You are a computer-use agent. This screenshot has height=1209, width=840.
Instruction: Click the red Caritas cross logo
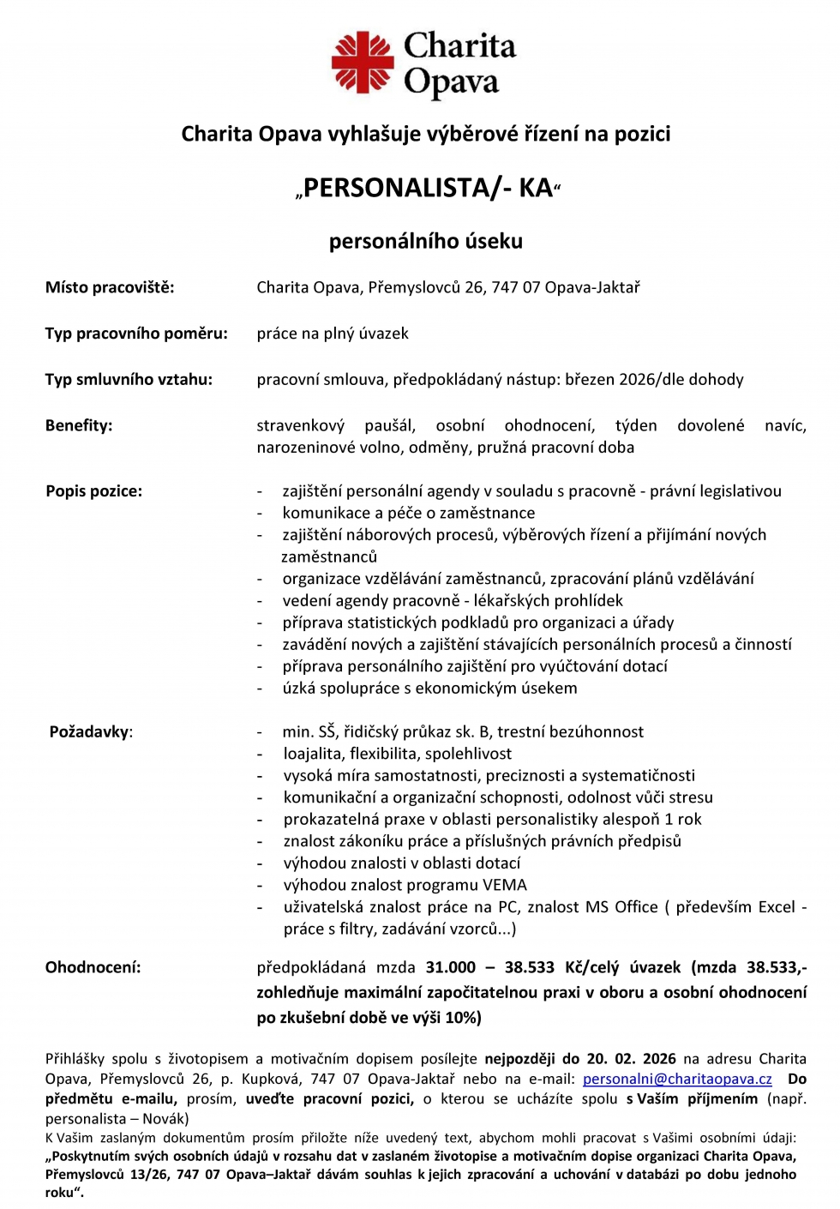[x=362, y=62]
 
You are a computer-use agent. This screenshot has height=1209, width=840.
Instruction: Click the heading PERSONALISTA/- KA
[x=427, y=188]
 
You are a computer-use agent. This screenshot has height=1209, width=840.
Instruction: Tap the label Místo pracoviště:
[x=110, y=287]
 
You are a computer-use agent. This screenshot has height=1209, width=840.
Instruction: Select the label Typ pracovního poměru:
[x=136, y=334]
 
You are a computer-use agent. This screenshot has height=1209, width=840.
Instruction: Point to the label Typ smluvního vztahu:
[x=129, y=380]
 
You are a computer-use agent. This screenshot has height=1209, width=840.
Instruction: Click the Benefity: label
[x=79, y=426]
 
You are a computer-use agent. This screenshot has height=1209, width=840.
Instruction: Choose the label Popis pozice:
[x=94, y=491]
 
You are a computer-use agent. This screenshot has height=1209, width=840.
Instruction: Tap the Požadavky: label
[x=91, y=732]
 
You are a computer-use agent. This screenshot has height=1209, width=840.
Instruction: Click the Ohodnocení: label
[x=93, y=968]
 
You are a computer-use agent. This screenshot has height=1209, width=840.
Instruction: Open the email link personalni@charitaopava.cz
[x=677, y=1080]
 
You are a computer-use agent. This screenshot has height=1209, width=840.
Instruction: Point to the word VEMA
[x=506, y=886]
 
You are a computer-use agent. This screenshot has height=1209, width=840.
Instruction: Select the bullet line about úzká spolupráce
[x=429, y=689]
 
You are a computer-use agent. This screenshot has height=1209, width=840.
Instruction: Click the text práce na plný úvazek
[x=333, y=334]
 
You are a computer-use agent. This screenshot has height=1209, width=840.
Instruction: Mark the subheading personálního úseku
[x=426, y=242]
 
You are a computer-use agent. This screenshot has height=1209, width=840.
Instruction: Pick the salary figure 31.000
[x=451, y=968]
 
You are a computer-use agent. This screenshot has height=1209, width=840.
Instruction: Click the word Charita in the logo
[x=459, y=46]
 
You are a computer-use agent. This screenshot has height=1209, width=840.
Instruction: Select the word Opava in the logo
[x=451, y=82]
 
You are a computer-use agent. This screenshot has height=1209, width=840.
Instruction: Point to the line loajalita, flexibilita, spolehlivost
[x=398, y=754]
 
